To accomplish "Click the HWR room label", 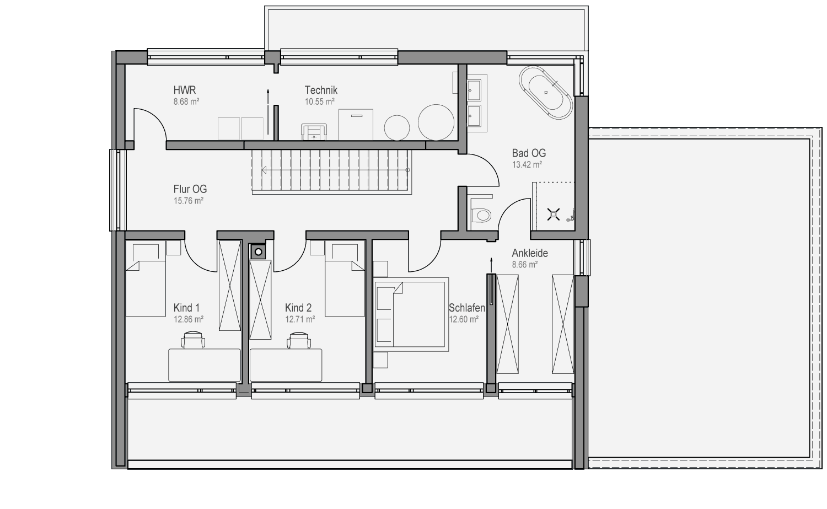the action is (x=185, y=90).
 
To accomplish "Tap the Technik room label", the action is (x=321, y=90).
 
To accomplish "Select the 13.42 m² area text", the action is (x=527, y=165).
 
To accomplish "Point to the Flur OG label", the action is (x=190, y=189).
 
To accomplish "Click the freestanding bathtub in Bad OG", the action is (x=546, y=93).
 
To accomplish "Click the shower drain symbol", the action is (x=553, y=214).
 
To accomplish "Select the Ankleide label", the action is (x=529, y=253).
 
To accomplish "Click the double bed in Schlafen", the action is (x=411, y=314).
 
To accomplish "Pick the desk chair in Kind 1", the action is (x=193, y=340).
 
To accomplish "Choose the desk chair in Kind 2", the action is (x=298, y=340).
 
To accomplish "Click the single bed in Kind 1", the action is (x=146, y=278).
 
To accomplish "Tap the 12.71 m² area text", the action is (x=300, y=319).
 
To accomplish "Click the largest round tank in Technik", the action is (x=436, y=122).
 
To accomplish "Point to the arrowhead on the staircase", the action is (x=264, y=170).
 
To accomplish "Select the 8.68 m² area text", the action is (x=186, y=101).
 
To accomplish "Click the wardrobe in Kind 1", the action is (x=230, y=286).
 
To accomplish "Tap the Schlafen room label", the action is (x=466, y=308).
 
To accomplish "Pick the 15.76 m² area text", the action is (x=189, y=201).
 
